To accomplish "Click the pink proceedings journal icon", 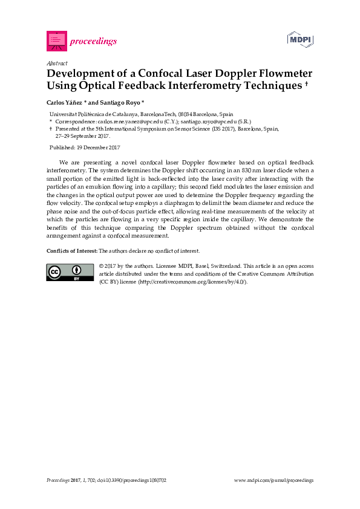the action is tap(56, 41).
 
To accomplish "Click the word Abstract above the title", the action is tap(56, 63).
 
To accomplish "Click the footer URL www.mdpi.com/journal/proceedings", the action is tap(273, 480).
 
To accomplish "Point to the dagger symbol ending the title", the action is tap(307, 84).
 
